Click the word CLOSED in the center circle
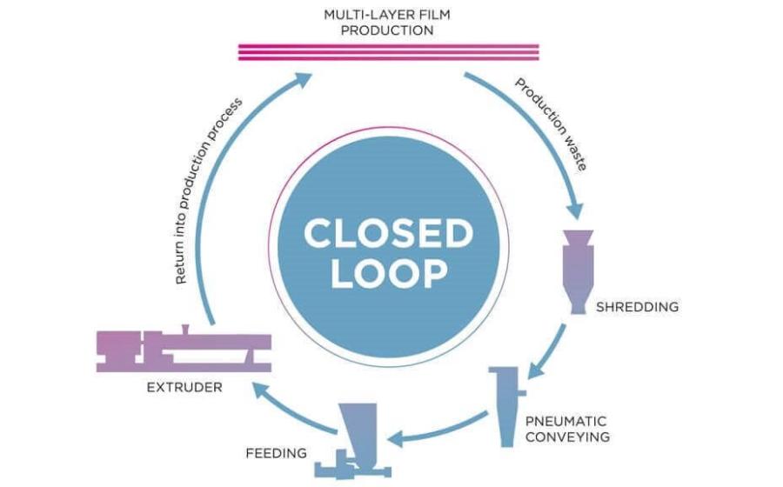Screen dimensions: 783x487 pos(388,234)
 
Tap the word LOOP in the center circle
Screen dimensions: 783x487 pos(389,273)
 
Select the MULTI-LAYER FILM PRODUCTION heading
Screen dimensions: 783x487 pos(387,23)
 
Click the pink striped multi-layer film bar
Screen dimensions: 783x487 pos(389,52)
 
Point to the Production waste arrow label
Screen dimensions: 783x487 pos(552,124)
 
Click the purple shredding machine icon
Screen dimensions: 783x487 pos(579,271)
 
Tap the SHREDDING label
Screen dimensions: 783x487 pos(637,307)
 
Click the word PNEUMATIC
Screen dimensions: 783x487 pos(565,421)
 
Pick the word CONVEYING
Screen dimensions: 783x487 pos(567,437)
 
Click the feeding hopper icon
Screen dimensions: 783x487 pos(353,441)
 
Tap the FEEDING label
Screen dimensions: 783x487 pos(276,453)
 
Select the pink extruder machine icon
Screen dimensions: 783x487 pos(184,350)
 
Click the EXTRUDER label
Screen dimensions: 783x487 pos(184,387)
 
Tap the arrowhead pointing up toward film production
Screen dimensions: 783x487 pos(303,79)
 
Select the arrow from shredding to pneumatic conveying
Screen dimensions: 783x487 pos(547,351)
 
